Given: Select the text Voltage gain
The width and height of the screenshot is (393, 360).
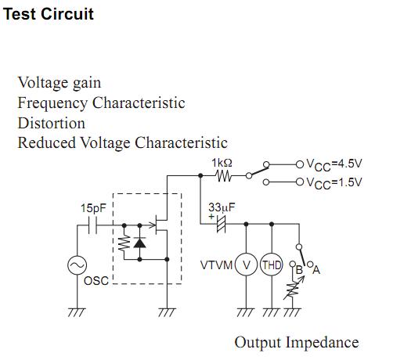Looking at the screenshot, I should coord(59,82).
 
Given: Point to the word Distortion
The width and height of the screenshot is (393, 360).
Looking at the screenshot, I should coord(51,123).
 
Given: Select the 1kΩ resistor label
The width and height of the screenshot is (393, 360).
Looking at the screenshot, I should coord(222,164).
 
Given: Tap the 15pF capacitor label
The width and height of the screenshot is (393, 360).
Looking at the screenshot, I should coord(94,209).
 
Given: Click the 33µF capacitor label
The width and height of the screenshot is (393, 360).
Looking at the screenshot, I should coord(222,207).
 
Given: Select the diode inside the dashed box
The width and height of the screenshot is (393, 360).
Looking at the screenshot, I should coord(139,243).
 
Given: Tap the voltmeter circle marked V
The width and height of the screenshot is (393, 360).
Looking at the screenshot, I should coord(247,265).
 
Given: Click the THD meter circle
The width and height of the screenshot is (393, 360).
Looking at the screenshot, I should coord(272,265).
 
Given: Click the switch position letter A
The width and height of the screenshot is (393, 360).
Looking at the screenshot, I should coord(317,270).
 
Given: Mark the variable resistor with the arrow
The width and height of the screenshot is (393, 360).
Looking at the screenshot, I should coord(295,291).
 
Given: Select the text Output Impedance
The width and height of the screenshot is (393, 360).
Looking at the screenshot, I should coord(296,342).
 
